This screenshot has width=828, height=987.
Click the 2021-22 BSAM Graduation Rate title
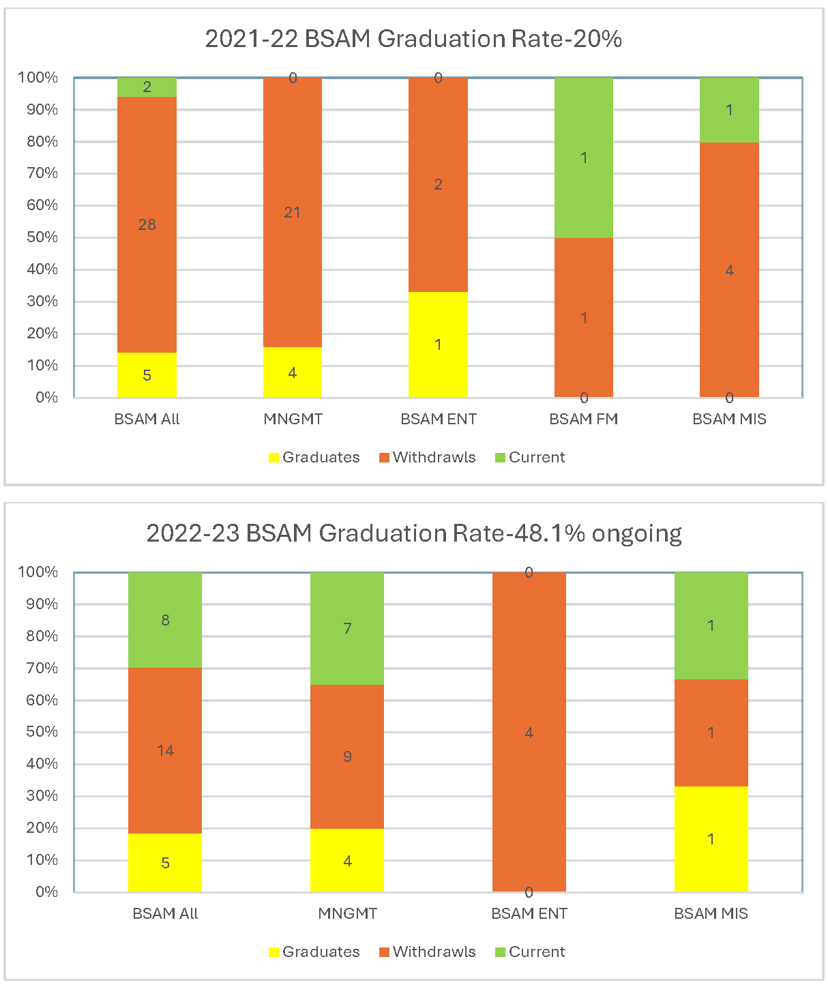coord(413,39)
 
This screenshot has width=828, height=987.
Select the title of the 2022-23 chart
coord(413,533)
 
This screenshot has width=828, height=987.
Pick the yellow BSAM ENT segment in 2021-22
coord(438,344)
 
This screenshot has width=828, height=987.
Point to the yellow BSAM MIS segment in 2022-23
coord(711,839)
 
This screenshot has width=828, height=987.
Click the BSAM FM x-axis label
coord(584,419)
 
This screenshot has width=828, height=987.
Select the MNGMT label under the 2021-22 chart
coord(293,419)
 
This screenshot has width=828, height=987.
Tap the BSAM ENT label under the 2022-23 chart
coord(529,913)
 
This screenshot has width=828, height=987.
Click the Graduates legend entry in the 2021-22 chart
coord(314,457)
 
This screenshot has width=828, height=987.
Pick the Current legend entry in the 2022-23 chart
coord(530,952)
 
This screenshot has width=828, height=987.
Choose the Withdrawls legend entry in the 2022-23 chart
coord(428,952)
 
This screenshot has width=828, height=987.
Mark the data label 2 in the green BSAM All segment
coord(147,87)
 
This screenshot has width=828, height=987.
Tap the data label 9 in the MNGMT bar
coord(347,756)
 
